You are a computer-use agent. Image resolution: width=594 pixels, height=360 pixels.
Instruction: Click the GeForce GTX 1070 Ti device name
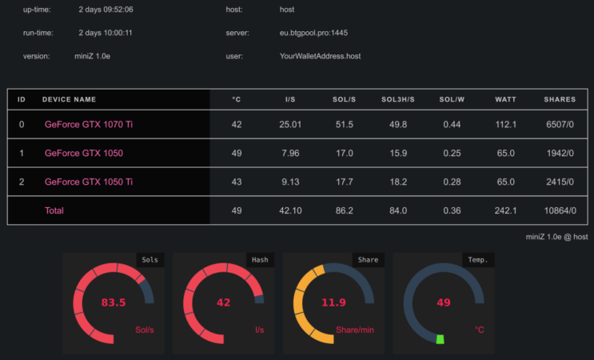pos(88,124)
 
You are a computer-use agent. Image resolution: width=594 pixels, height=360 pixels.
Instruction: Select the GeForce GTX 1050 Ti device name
pos(88,182)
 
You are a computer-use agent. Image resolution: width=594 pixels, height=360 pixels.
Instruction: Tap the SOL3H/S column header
pos(397,100)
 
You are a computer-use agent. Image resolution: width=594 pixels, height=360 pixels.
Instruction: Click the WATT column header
pos(505,100)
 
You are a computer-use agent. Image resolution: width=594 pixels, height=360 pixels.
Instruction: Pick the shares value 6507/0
pos(559,124)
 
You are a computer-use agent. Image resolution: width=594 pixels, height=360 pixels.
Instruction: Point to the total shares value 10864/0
pos(559,210)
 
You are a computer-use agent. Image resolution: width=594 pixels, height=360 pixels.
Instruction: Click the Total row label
pos(54,210)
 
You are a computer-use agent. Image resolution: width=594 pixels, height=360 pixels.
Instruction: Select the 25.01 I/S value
pos(290,124)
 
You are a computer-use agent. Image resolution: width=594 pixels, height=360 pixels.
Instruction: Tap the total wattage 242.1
pos(505,210)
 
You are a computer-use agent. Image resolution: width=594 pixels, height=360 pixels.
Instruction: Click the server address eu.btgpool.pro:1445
pos(313,33)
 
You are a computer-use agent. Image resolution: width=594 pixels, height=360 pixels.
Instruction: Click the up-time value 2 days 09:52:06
pos(106,10)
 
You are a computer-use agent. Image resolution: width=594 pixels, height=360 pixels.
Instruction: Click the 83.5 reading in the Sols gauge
pos(114,302)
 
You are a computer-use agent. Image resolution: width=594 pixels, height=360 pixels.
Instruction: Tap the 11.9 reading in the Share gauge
pos(333,302)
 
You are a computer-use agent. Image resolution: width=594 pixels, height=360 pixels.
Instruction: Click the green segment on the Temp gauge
pos(440,339)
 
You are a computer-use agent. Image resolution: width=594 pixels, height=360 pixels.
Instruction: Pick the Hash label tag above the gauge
pos(260,259)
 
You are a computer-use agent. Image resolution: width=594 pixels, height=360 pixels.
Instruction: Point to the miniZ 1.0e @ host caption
pos(556,237)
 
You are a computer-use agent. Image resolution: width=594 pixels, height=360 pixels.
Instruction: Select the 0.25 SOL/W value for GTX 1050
pos(451,153)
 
